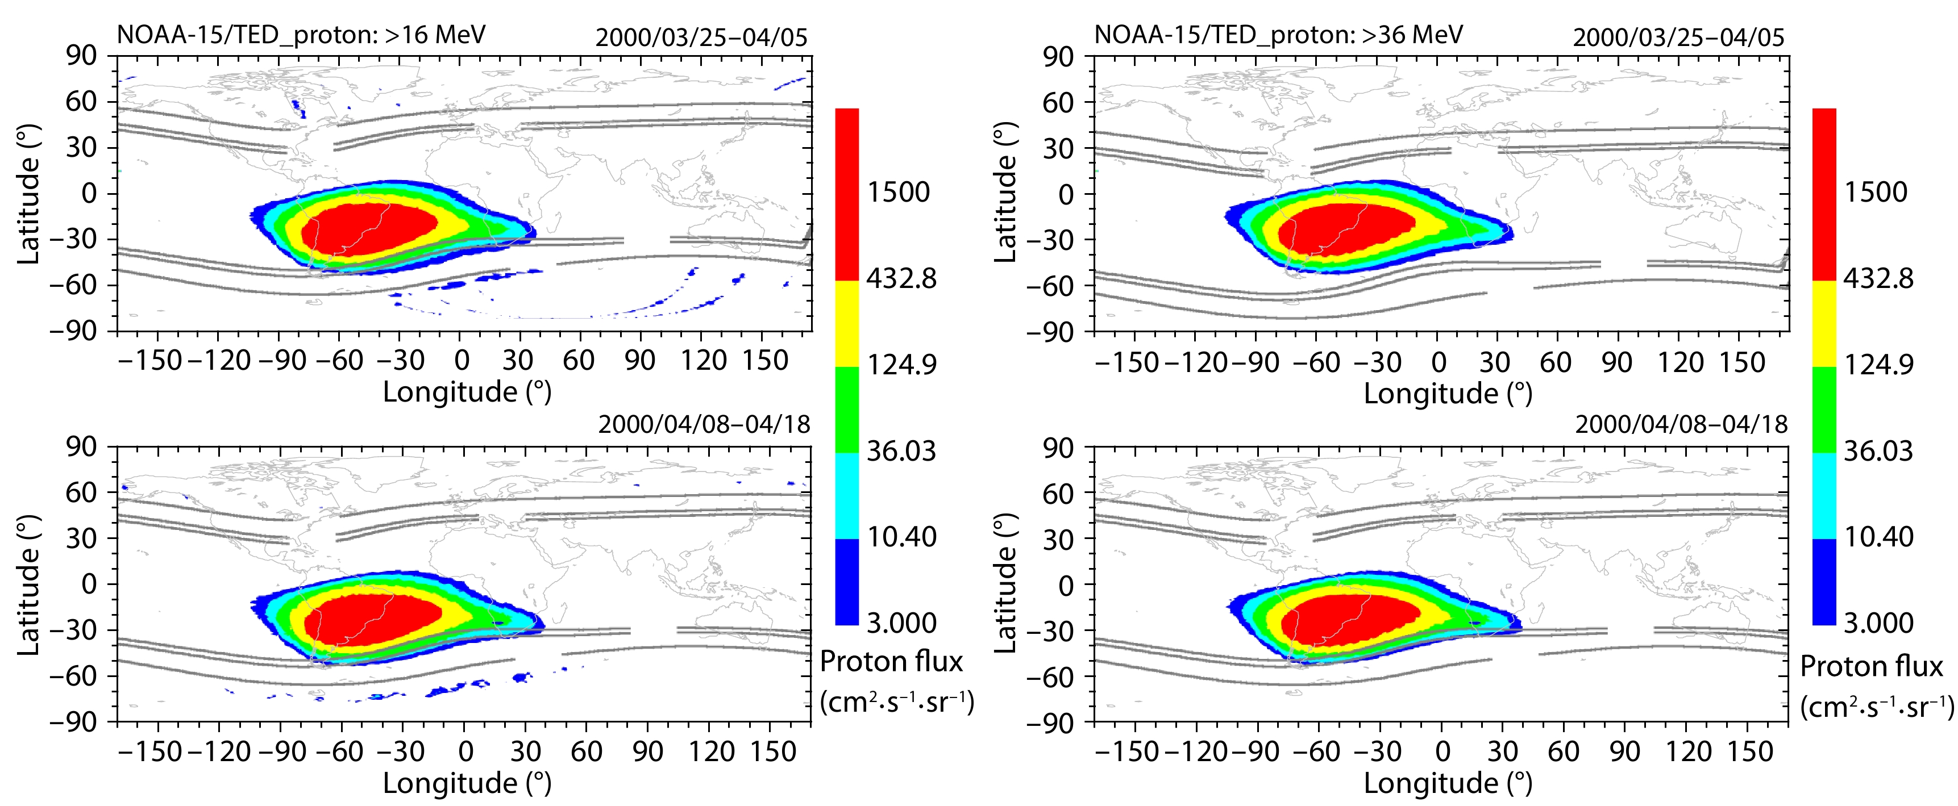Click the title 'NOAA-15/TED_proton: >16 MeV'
pos(301,35)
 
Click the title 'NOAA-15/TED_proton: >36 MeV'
pos(1278,35)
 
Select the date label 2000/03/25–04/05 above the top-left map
pos(701,37)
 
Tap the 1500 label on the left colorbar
pos(899,192)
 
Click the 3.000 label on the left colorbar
pos(901,623)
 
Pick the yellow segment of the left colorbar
pos(847,324)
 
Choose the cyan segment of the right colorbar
pos(1824,496)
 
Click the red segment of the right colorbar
pos(1824,194)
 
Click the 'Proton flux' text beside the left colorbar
pos(891,662)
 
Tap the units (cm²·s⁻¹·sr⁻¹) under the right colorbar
pos(1876,707)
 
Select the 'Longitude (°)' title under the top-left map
pos(467,392)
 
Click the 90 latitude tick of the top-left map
pos(81,56)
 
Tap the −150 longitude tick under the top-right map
pos(1127,362)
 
